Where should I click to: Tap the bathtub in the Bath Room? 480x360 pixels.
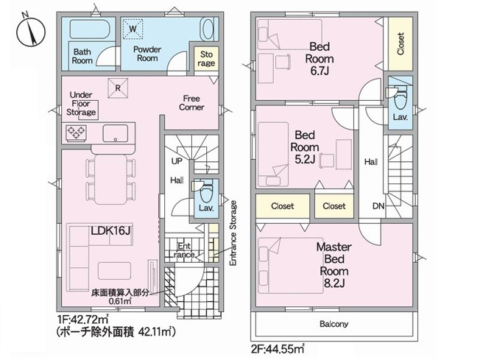tap(90, 31)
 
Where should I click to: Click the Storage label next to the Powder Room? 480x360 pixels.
tap(206, 60)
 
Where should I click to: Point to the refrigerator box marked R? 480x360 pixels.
tap(116, 86)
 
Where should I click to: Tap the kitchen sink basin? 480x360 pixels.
tap(116, 133)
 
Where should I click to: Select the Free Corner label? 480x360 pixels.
tap(191, 102)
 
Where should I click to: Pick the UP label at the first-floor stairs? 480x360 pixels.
tap(177, 160)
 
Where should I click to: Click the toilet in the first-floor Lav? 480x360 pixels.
tap(206, 188)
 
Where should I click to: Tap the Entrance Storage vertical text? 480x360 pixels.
tap(233, 234)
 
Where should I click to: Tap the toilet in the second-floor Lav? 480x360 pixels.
tap(400, 95)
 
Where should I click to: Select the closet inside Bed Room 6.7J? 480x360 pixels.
tap(400, 43)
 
